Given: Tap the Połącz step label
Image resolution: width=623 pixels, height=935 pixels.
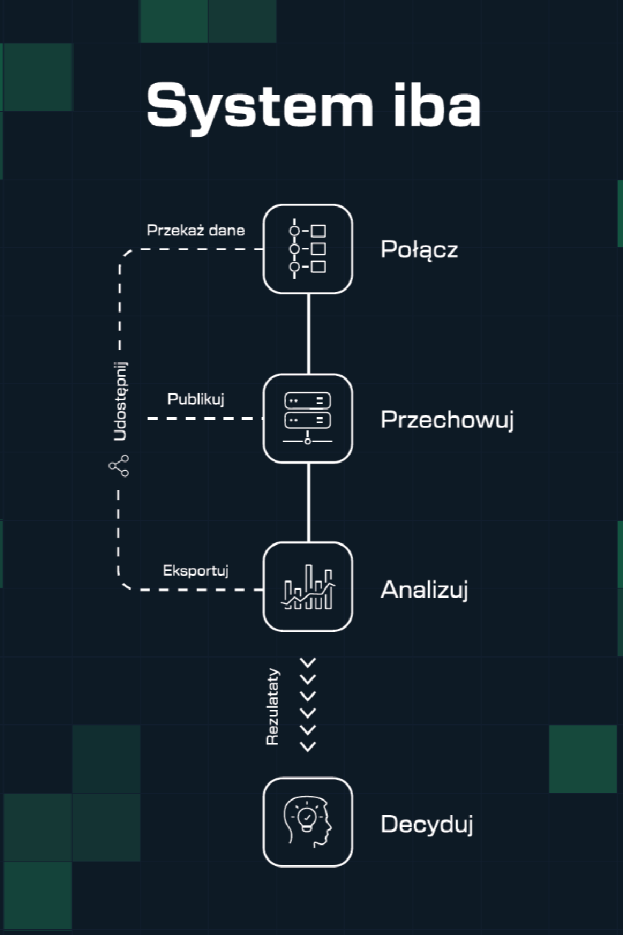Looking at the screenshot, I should [x=419, y=249].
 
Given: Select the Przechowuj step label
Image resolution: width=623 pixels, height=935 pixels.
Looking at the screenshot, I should [x=446, y=419].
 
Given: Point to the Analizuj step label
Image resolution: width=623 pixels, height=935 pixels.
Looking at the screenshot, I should [x=424, y=589].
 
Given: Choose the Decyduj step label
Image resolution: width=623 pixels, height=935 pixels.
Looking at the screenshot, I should [x=427, y=824].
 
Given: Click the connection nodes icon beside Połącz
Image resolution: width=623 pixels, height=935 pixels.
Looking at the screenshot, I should [x=307, y=249].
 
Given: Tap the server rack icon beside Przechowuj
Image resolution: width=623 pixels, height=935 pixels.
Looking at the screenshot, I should [x=307, y=419].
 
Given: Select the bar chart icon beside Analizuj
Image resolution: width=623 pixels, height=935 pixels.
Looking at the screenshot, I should [x=307, y=587].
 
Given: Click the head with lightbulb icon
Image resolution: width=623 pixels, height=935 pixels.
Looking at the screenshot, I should [x=307, y=822].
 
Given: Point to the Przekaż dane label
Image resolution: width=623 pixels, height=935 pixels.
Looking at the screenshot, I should [x=196, y=230].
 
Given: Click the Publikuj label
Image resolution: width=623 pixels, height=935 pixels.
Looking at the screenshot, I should [x=196, y=399].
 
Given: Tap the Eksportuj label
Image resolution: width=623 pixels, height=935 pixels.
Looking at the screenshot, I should [x=196, y=570].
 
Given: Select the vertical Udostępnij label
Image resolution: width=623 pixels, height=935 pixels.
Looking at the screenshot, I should [x=120, y=400].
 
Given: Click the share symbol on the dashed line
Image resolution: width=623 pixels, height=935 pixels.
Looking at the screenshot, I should [x=118, y=465].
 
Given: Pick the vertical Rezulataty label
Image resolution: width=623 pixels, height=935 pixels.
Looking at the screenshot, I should [x=272, y=705].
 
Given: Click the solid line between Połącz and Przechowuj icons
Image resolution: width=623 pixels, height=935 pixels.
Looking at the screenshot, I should [x=308, y=334].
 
